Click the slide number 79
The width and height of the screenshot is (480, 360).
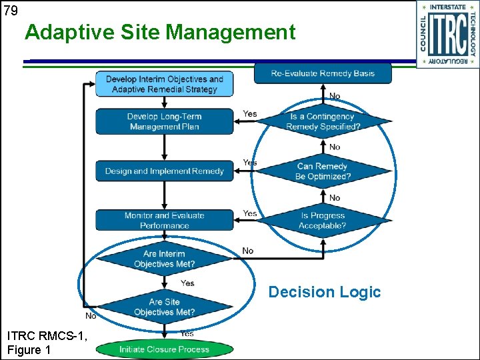click(x=10, y=9)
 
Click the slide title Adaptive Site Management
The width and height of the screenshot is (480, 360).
click(x=160, y=32)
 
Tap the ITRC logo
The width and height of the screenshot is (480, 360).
click(x=447, y=34)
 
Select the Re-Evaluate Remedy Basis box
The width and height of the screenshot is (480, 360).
click(x=323, y=73)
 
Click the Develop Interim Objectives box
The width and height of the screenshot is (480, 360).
click(x=165, y=84)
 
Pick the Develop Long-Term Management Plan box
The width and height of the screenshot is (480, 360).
click(x=165, y=121)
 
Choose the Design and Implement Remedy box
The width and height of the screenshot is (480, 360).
click(x=165, y=171)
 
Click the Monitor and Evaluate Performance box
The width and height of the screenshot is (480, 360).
click(x=165, y=221)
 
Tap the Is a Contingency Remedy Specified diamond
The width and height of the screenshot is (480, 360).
click(x=323, y=121)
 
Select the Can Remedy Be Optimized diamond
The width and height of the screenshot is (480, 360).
click(x=323, y=171)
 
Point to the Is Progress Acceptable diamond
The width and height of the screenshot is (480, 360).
click(x=323, y=221)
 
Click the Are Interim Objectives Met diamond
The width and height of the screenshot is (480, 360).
click(x=165, y=259)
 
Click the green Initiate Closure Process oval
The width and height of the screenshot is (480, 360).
click(x=165, y=349)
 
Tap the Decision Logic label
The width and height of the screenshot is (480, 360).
click(x=324, y=292)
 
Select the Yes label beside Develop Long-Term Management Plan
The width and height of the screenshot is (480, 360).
click(x=250, y=114)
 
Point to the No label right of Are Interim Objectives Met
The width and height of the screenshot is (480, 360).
click(x=248, y=251)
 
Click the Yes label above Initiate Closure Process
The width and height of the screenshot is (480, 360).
click(x=187, y=333)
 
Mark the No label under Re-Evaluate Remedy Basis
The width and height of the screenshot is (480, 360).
click(x=335, y=96)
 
